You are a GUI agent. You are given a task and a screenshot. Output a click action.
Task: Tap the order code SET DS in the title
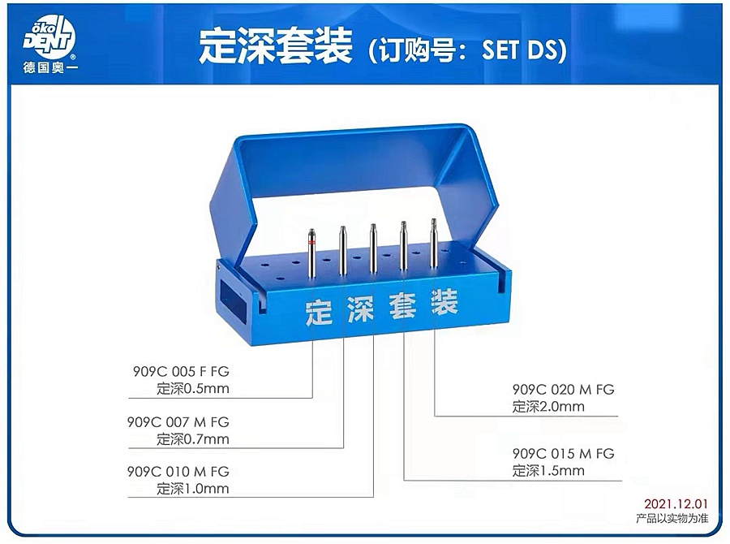[x=518, y=49]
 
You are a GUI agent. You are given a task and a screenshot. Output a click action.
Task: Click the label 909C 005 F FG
[x=181, y=372]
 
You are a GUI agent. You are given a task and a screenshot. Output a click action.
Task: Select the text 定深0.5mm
[x=193, y=388]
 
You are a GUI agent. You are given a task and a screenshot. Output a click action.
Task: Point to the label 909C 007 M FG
[x=178, y=422]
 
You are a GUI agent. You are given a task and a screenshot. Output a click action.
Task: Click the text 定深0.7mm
[x=193, y=439]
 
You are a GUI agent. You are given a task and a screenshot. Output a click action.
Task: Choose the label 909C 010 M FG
[x=178, y=472]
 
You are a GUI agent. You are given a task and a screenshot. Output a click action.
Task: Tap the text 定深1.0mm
[x=193, y=489]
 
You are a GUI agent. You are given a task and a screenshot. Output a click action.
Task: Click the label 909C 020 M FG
[x=564, y=389]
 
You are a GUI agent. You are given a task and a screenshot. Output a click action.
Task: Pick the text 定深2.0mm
[x=548, y=407]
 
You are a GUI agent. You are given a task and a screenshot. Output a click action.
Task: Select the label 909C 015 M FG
[x=564, y=454]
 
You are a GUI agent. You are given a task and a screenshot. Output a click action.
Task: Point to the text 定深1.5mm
[x=548, y=471]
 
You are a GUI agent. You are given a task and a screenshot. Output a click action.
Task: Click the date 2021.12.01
[x=676, y=504]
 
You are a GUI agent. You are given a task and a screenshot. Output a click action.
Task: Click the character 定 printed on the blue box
[x=319, y=313]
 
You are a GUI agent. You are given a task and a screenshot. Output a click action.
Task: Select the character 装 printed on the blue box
[x=444, y=302]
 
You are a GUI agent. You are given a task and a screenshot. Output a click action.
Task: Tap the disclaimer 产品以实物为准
[x=672, y=518]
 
